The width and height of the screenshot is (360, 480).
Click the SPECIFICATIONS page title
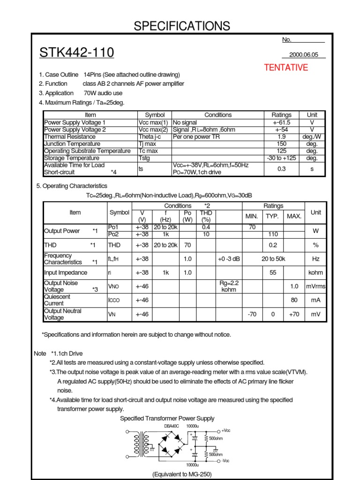(182, 26)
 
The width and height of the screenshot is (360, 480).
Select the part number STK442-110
(77, 53)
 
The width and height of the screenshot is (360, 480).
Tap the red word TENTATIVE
(286, 67)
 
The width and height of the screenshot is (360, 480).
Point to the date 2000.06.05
(304, 55)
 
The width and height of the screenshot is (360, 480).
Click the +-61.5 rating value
(281, 122)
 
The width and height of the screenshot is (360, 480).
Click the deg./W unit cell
(312, 137)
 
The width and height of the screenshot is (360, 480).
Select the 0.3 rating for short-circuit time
(281, 169)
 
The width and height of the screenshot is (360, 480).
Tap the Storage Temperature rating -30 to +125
(281, 158)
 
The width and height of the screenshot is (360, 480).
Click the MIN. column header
(252, 216)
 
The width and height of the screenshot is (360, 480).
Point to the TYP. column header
(273, 216)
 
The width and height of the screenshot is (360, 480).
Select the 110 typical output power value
(273, 234)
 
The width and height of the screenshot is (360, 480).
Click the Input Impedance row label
(66, 273)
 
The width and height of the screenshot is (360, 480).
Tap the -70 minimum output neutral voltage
(252, 315)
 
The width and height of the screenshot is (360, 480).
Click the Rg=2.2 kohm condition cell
(230, 286)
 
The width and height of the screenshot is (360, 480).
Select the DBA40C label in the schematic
(171, 426)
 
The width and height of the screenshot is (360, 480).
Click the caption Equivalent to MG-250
(182, 474)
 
